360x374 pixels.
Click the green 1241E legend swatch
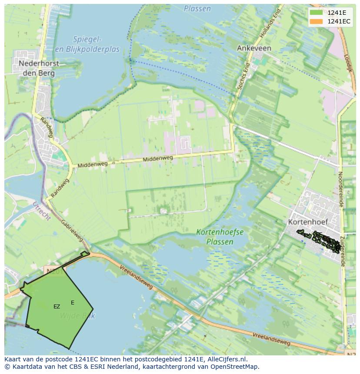(317, 12)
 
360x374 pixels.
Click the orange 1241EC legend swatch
(317, 21)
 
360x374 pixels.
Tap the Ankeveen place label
(254, 48)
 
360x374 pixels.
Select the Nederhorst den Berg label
(39, 68)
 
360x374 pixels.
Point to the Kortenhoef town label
(307, 222)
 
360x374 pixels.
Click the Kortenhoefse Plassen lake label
(220, 237)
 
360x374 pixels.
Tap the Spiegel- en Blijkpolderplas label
(87, 44)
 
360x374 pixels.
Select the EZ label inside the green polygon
(57, 307)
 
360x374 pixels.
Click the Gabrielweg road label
(72, 230)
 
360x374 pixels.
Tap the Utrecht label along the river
(42, 211)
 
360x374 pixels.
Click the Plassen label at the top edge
(197, 9)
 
